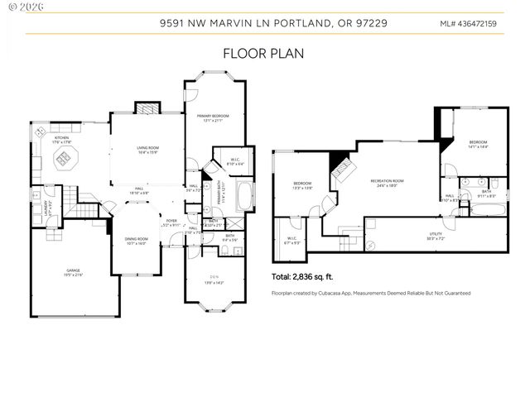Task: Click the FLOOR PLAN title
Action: coord(264,54)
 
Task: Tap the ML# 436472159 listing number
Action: coord(468,24)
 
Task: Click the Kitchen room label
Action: coord(61,141)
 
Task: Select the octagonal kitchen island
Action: coord(62,163)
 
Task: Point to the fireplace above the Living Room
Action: coord(146,108)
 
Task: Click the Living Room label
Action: coord(147,151)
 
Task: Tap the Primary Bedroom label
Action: coord(214,118)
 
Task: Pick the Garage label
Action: coord(73,272)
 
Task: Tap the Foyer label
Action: coord(171,222)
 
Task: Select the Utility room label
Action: coord(436,237)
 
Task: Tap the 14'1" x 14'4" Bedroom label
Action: coord(478,145)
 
